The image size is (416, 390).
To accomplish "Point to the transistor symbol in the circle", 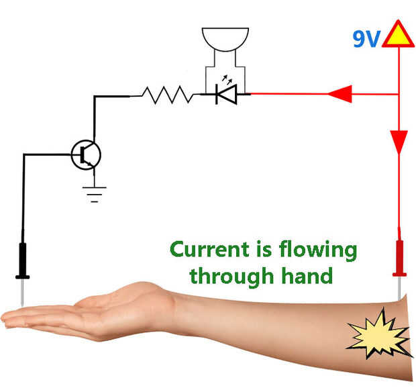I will [x=86, y=154].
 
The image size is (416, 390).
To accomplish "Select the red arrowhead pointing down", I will [x=399, y=142].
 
